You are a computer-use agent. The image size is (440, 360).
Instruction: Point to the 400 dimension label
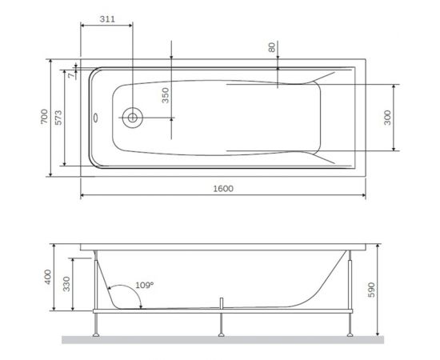(x=47, y=278)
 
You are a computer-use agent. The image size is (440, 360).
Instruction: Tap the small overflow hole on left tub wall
(x=96, y=118)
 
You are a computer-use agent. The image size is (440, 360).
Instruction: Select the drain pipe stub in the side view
(x=222, y=302)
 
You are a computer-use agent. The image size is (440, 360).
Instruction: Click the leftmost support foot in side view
(x=97, y=324)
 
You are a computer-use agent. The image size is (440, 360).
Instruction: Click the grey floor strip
(x=223, y=340)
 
